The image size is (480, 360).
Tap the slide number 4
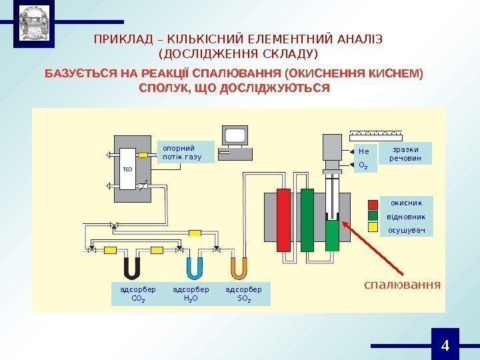445,345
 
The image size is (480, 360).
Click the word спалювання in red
402,285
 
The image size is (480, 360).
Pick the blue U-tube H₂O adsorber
195,267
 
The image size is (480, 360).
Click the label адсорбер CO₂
137,294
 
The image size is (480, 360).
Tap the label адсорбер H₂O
191,294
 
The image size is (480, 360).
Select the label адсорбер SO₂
244,294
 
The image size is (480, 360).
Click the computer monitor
236,136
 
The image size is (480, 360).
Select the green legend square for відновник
373,215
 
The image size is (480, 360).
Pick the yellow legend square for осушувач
373,228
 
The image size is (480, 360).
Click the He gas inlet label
363,151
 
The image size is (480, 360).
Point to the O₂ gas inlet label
363,164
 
